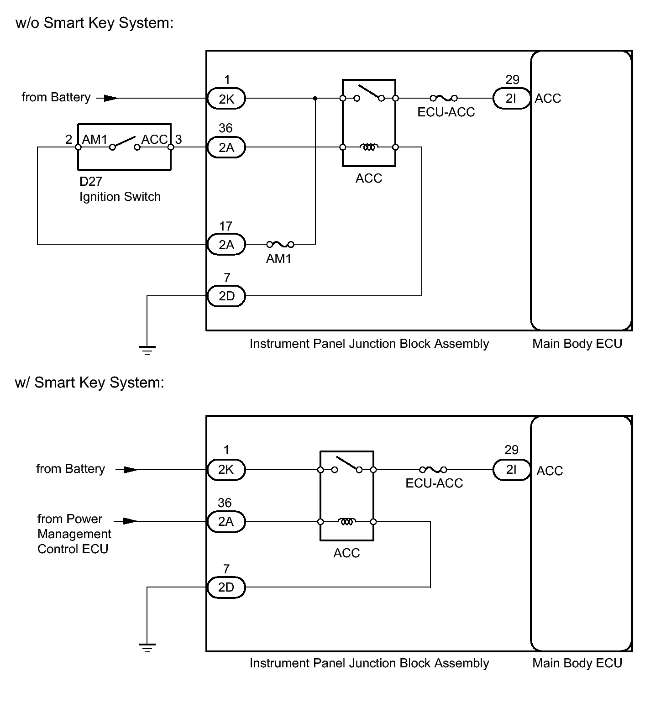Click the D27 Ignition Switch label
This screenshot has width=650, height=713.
pyautogui.click(x=120, y=189)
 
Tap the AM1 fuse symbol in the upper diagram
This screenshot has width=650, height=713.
pyautogui.click(x=280, y=244)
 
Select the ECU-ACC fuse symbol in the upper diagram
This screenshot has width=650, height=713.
pyautogui.click(x=444, y=98)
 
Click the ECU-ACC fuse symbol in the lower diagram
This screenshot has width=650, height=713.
pyautogui.click(x=433, y=470)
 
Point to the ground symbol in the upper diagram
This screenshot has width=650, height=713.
pyautogui.click(x=147, y=351)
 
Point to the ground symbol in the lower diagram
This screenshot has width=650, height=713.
pyautogui.click(x=147, y=647)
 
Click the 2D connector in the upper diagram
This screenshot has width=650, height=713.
pyautogui.click(x=226, y=296)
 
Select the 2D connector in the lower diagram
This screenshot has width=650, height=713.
pyautogui.click(x=226, y=587)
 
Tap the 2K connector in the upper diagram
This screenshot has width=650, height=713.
pyautogui.click(x=226, y=99)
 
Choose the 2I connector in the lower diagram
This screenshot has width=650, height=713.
pyautogui.click(x=512, y=470)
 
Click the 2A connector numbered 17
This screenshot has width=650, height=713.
pyautogui.click(x=226, y=245)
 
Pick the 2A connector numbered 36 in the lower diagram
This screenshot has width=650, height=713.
pyautogui.click(x=226, y=522)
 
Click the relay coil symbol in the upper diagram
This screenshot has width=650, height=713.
pyautogui.click(x=369, y=147)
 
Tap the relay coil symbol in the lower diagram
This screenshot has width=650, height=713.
pyautogui.click(x=347, y=521)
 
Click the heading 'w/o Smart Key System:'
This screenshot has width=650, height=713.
pyautogui.click(x=94, y=23)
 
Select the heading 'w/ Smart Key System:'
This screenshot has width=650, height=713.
pyautogui.click(x=89, y=383)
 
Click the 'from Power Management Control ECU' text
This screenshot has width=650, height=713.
pyautogui.click(x=74, y=534)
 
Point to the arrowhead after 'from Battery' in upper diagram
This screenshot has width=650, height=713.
pyautogui.click(x=110, y=98)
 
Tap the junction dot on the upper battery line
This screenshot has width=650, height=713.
pyautogui.click(x=315, y=98)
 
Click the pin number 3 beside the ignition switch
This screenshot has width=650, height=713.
pyautogui.click(x=178, y=140)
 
